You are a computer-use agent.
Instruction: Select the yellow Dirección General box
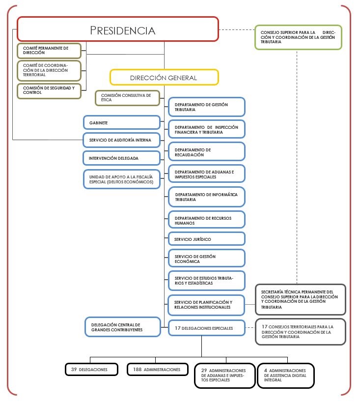[x=164, y=78]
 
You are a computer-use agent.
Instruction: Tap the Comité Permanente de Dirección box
[x=49, y=50]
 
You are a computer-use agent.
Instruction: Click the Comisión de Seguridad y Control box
[x=49, y=90]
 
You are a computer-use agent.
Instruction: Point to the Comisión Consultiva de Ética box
[x=127, y=98]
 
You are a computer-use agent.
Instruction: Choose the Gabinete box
[x=122, y=122]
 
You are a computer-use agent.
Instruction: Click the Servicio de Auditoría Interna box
[x=122, y=140]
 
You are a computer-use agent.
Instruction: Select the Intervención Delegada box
[x=122, y=158]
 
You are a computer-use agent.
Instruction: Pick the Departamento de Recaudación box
[x=206, y=152]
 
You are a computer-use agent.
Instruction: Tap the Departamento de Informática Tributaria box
[x=206, y=197]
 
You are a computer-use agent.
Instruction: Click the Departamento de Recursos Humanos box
[x=206, y=220]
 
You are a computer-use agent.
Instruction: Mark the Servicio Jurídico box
[x=206, y=239]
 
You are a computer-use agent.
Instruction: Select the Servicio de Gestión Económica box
[x=206, y=259]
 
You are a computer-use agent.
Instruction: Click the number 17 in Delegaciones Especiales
[x=178, y=328]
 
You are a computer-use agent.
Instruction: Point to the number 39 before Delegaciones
[x=74, y=369]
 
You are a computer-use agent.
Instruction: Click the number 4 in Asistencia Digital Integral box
[x=265, y=370]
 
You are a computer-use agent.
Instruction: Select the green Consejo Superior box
[x=298, y=37]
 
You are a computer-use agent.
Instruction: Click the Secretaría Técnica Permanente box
[x=300, y=299]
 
